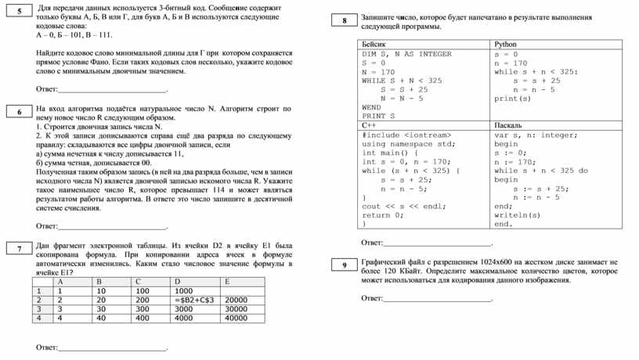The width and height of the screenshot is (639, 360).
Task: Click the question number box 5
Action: coord(19,11)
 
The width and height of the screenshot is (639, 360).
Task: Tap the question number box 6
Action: coord(19,113)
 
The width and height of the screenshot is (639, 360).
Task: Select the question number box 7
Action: coord(19,249)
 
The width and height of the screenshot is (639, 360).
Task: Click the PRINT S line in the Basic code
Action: coord(378,116)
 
